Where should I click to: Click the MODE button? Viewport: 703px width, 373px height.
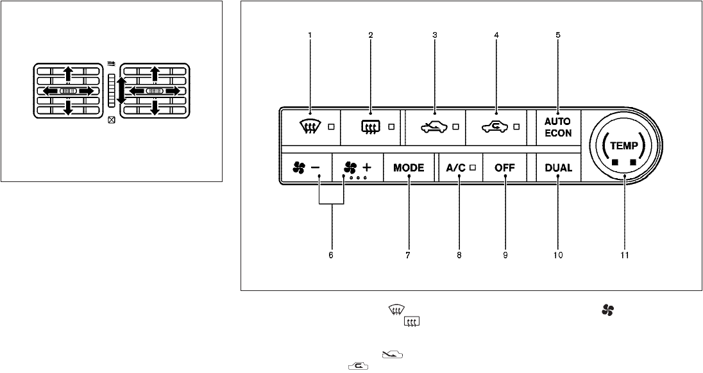click(x=409, y=169)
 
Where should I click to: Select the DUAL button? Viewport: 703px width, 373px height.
click(x=558, y=169)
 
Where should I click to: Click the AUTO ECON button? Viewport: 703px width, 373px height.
click(x=558, y=127)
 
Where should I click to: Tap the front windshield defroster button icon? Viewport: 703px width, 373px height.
click(x=310, y=127)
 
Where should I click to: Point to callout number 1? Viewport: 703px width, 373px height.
click(x=310, y=36)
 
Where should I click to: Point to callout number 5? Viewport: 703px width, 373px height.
click(x=558, y=36)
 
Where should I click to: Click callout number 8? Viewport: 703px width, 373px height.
click(x=459, y=255)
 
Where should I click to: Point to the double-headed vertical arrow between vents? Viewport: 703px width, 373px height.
click(x=121, y=90)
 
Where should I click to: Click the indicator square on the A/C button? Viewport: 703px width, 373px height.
click(x=471, y=169)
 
